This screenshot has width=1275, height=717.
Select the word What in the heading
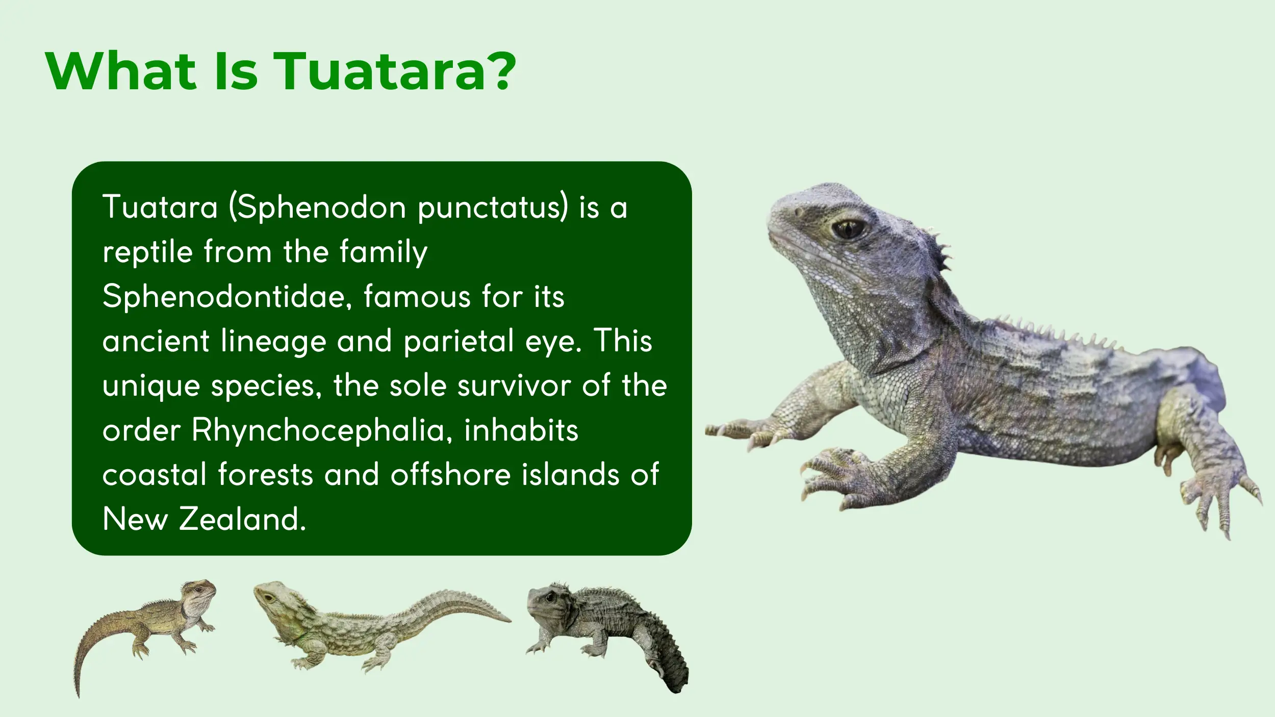121,71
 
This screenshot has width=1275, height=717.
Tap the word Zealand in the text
242,519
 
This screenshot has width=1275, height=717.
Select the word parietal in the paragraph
459,342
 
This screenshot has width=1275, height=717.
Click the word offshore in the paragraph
450,474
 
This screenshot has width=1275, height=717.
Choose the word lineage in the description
273,342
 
